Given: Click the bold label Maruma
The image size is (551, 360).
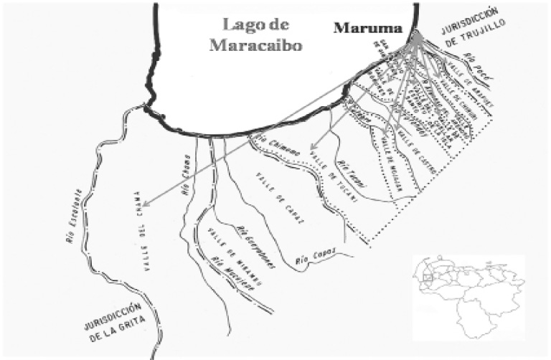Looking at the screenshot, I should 367,29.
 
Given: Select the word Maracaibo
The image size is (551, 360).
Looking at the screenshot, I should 255,44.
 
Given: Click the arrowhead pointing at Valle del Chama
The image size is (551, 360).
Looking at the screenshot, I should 145,202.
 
